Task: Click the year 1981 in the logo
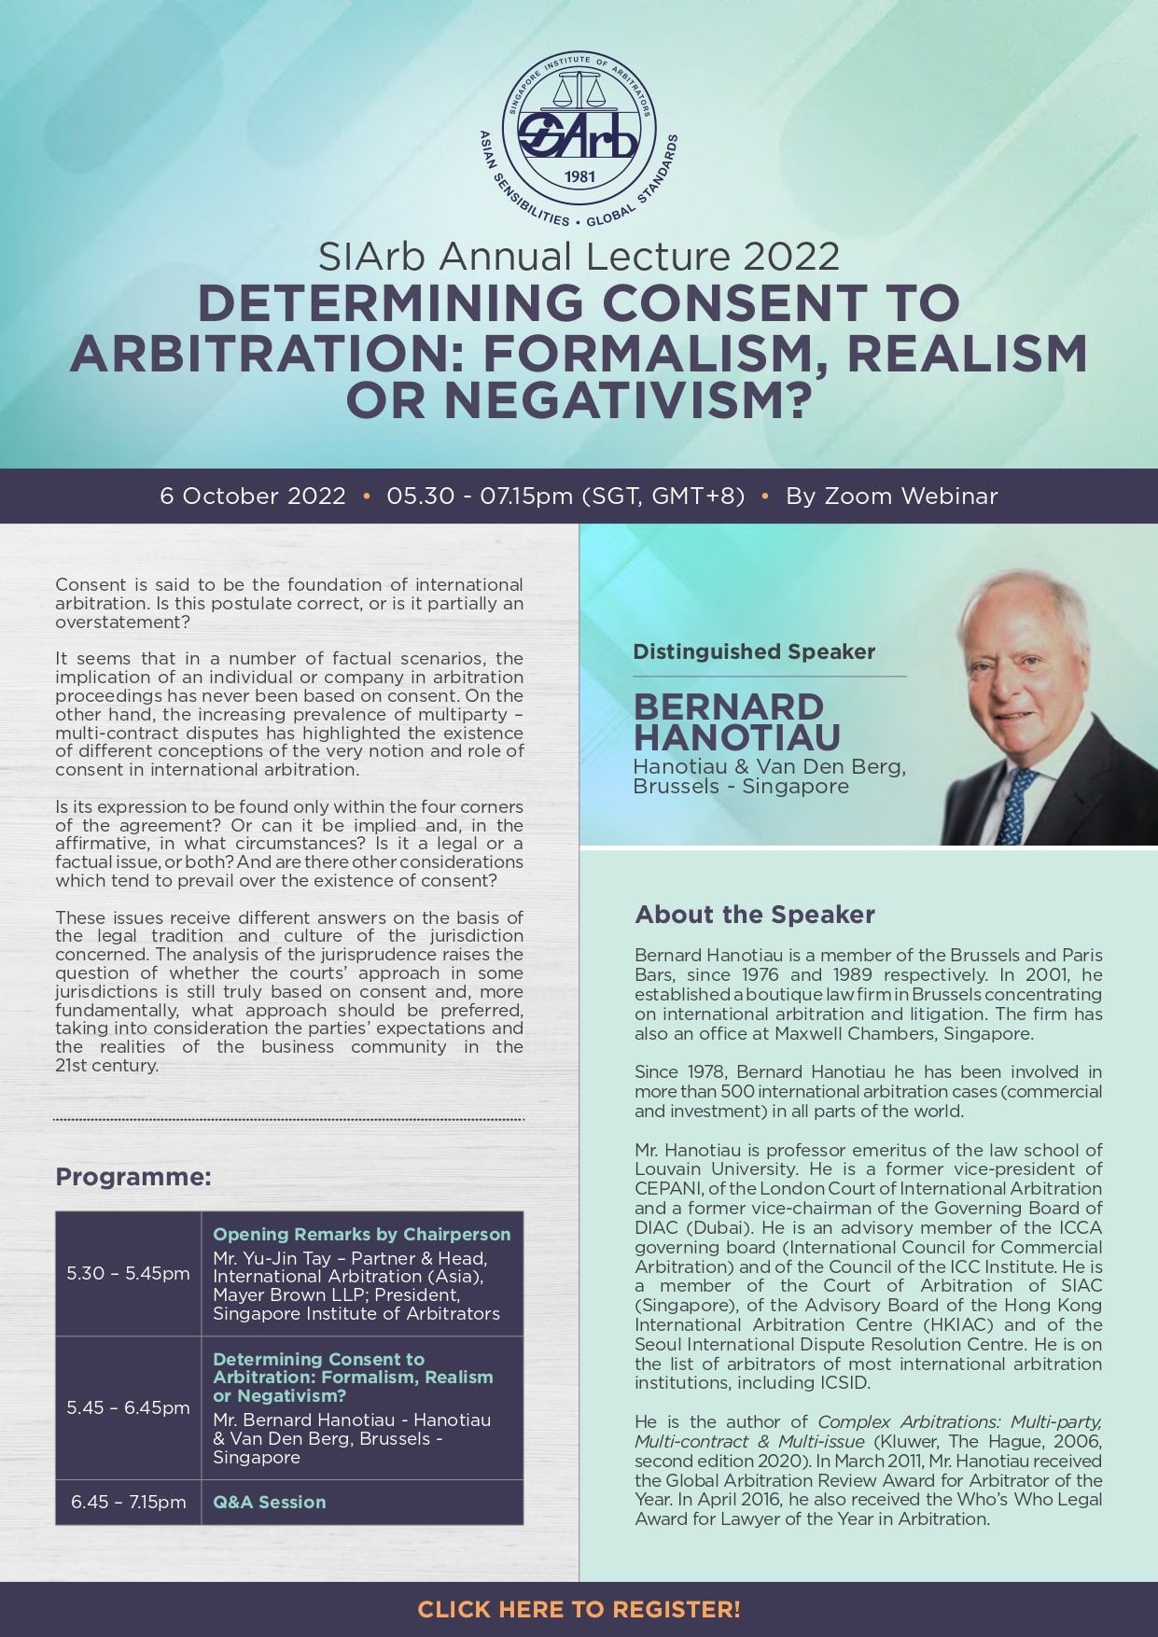[580, 175]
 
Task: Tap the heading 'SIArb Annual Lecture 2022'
[579, 256]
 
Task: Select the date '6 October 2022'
[253, 496]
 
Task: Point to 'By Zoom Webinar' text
[891, 496]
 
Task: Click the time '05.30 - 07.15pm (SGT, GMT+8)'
[565, 496]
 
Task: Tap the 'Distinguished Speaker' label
[754, 651]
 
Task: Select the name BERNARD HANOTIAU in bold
[736, 721]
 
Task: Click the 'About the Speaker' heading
[754, 914]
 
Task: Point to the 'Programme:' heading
[133, 1176]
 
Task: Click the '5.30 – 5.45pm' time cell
[128, 1273]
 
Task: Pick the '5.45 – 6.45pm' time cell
[128, 1407]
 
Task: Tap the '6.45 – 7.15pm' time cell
[128, 1502]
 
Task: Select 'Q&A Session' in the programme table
[270, 1502]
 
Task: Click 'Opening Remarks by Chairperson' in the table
[361, 1234]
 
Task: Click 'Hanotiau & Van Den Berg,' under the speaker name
[769, 767]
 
